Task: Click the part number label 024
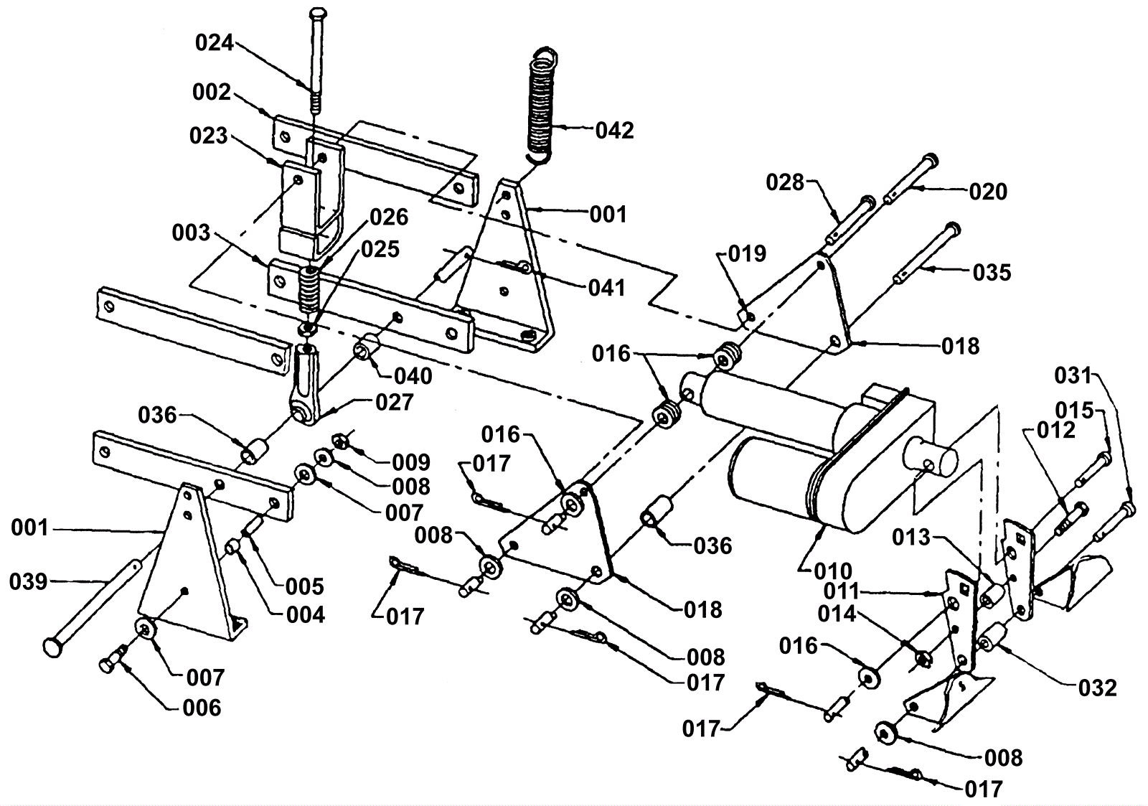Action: [x=215, y=42]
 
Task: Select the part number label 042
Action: [x=614, y=130]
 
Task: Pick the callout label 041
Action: [x=607, y=288]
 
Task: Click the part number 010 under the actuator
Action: [x=833, y=571]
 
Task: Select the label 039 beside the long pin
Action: [x=28, y=582]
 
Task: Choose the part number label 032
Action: [x=1097, y=688]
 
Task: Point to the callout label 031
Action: [x=1073, y=376]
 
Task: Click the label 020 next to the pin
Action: [x=988, y=192]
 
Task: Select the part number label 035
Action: [x=992, y=272]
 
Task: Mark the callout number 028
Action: [x=785, y=182]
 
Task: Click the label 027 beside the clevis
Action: [x=394, y=403]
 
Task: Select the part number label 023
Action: [x=208, y=136]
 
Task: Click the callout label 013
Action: [x=911, y=538]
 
